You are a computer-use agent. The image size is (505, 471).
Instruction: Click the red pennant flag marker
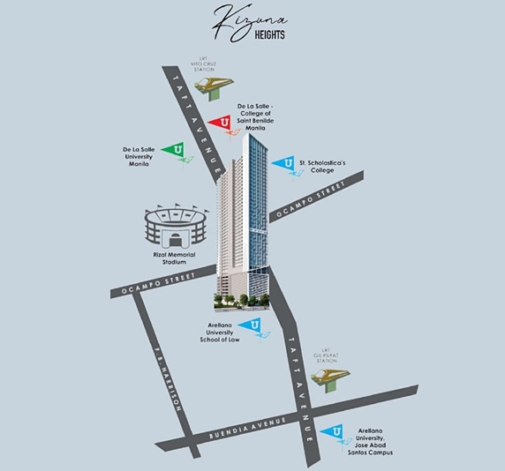click(x=221, y=123)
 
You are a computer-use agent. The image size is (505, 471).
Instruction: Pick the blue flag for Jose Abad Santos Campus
click(x=332, y=433)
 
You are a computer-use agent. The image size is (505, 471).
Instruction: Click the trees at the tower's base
click(x=238, y=301)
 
